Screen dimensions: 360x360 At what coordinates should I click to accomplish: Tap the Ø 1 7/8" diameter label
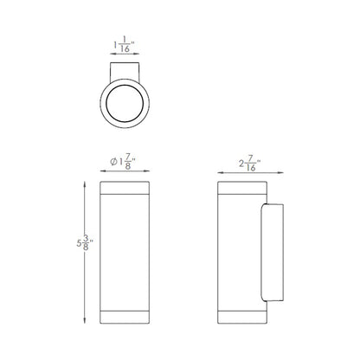123,162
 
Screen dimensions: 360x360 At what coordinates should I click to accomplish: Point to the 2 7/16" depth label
250,164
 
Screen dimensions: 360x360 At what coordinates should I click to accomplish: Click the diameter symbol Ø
113,162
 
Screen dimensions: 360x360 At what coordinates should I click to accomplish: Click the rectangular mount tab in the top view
125,72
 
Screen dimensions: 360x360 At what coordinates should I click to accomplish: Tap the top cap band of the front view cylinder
125,188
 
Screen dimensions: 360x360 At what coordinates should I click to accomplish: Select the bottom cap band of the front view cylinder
125,318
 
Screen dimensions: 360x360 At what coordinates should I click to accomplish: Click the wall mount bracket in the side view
272,253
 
